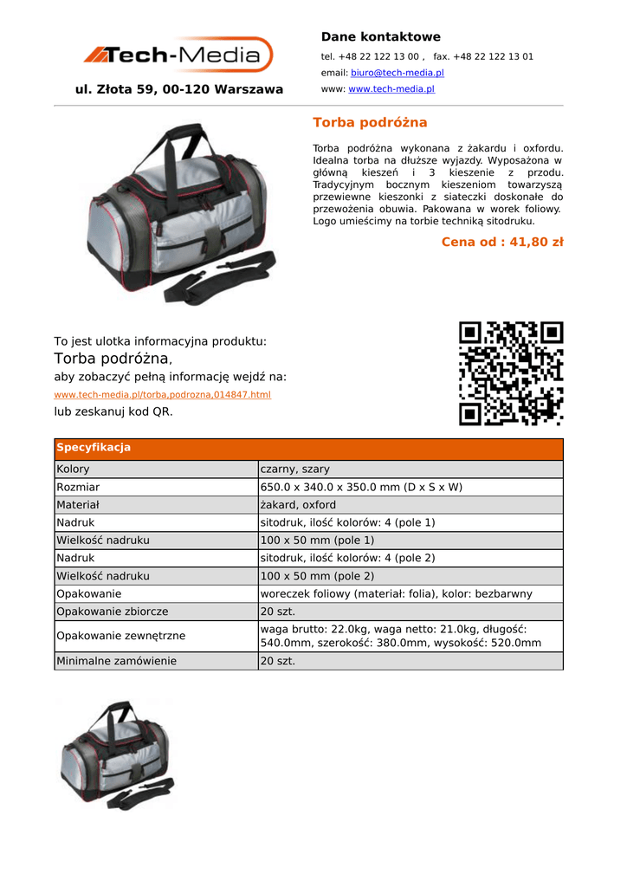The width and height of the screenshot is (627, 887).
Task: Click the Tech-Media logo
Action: (178, 55)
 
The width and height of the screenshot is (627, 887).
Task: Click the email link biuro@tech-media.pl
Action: (397, 73)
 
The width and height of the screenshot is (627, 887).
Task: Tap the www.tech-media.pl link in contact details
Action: (391, 88)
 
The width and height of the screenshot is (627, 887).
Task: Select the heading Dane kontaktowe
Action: (380, 36)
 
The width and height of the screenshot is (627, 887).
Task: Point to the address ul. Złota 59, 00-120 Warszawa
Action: (179, 89)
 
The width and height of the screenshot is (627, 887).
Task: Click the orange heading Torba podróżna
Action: (370, 122)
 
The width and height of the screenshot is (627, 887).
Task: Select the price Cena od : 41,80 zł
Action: (501, 242)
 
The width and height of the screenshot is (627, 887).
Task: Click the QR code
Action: (511, 373)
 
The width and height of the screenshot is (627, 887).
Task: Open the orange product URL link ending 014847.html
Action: (163, 394)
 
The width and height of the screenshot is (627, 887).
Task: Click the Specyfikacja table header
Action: (94, 448)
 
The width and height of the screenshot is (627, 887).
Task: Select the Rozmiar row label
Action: (78, 487)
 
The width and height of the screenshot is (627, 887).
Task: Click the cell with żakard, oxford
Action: (298, 505)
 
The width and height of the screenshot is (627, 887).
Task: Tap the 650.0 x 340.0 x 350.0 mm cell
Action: (361, 487)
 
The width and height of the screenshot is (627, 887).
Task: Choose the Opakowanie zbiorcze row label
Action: (112, 612)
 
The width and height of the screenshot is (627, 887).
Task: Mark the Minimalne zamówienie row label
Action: (116, 661)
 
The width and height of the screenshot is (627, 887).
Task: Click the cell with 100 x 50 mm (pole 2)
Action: (317, 576)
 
